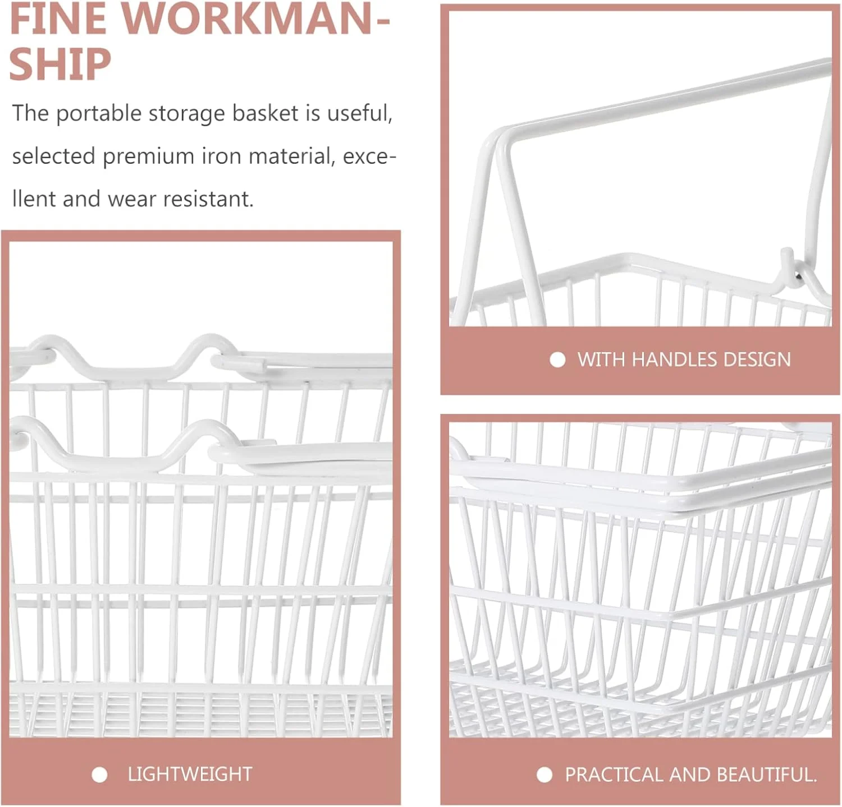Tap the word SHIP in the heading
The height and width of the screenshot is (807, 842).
(x=60, y=64)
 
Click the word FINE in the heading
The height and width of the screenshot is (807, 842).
(x=58, y=19)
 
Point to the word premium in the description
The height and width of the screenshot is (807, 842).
(x=148, y=156)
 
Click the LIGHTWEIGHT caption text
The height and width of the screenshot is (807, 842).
(x=190, y=774)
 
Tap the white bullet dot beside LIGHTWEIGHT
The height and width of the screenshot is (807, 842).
(x=99, y=775)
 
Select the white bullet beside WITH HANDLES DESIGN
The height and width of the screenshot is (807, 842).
(x=557, y=359)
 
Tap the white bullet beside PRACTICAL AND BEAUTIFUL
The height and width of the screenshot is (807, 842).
(x=544, y=775)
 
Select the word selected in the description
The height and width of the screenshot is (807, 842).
(x=54, y=156)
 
